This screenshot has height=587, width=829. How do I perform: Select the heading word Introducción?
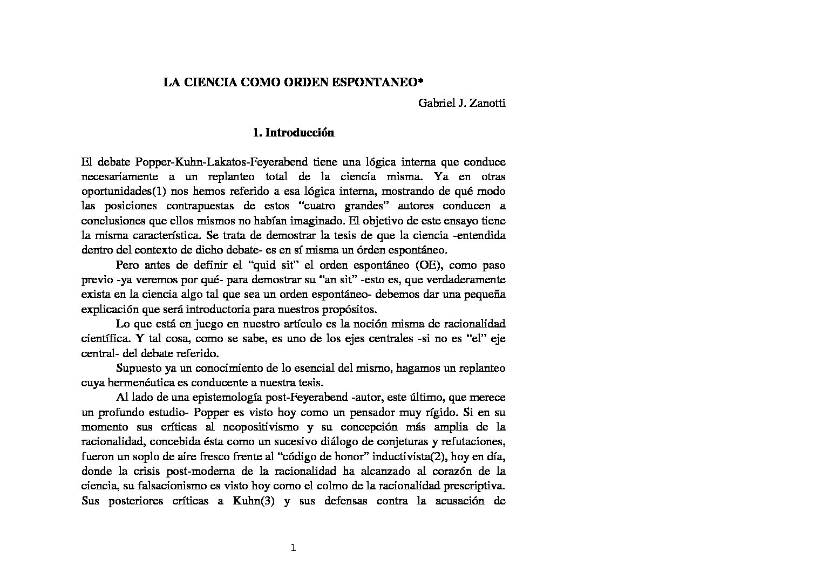[x=300, y=133]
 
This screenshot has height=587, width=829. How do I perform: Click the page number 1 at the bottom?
[x=293, y=549]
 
